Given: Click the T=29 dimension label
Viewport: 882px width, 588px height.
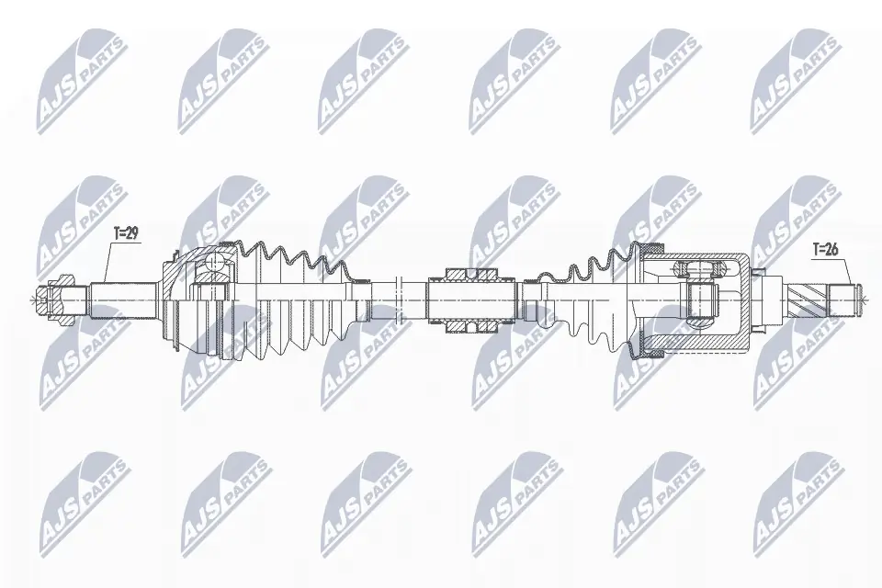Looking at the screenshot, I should point(125,235).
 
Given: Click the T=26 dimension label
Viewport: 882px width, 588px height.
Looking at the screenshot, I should point(825,249).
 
